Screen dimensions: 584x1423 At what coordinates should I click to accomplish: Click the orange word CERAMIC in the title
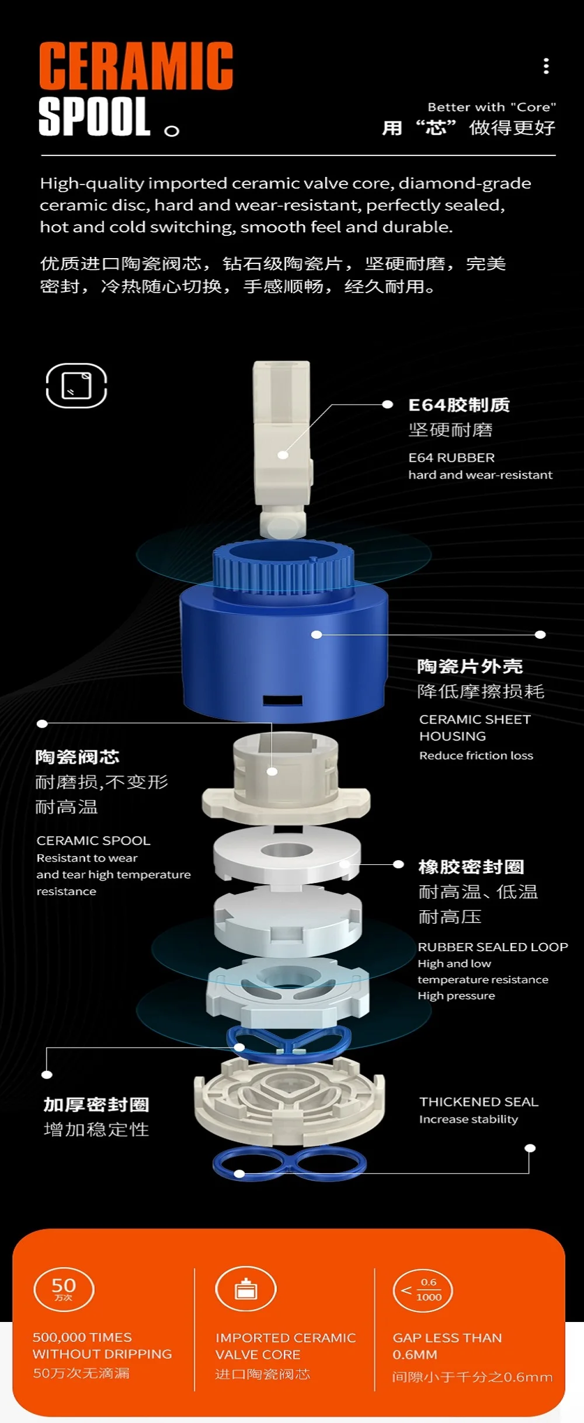[x=136, y=66]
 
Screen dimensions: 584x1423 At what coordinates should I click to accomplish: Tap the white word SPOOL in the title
[x=95, y=117]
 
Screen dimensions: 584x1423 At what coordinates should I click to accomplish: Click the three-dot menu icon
[x=546, y=66]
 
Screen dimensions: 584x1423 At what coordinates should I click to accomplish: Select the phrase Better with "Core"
[x=492, y=107]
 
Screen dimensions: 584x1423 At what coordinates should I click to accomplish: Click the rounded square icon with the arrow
[x=77, y=385]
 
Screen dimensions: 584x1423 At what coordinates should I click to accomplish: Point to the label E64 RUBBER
[x=451, y=458]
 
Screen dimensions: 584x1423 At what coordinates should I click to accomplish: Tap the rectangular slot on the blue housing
[x=283, y=700]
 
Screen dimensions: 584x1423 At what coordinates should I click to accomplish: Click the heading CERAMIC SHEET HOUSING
[x=475, y=728]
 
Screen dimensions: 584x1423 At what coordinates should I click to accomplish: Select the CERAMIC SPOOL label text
[x=93, y=840]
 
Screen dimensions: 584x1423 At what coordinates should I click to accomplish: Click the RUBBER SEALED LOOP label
[x=493, y=947]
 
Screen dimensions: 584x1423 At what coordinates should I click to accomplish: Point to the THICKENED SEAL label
[x=479, y=1101]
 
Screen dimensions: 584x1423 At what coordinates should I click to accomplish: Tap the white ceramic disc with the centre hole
[x=287, y=853]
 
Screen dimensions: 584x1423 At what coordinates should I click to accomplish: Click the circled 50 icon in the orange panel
[x=64, y=1289]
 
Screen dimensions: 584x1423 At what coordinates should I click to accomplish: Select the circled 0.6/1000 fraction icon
[x=423, y=1290]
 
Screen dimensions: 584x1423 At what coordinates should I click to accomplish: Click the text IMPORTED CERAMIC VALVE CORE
[x=286, y=1346]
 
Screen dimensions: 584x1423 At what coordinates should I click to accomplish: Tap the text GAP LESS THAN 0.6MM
[x=447, y=1346]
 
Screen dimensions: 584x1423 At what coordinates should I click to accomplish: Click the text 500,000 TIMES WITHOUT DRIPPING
[x=102, y=1345]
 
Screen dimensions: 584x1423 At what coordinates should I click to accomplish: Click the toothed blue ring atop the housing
[x=283, y=568]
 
